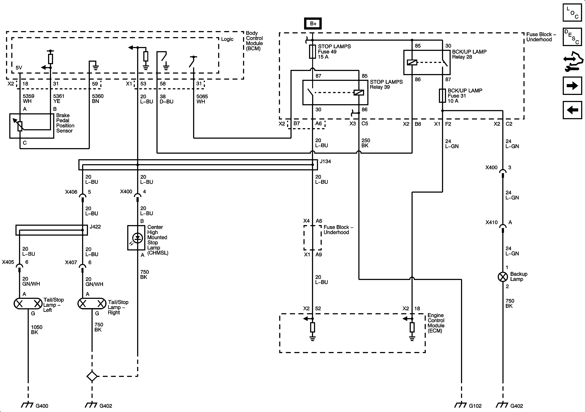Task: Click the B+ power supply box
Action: click(313, 24)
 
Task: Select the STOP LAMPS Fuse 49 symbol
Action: click(312, 52)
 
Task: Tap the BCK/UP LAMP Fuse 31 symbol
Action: click(442, 96)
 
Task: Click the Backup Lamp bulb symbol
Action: click(503, 277)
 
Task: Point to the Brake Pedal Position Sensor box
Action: click(32, 126)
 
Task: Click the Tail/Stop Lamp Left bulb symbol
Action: click(28, 303)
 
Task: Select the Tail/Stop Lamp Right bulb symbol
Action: click(92, 303)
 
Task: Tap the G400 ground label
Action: click(42, 406)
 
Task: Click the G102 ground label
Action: click(475, 406)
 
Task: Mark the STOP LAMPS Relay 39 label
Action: click(386, 84)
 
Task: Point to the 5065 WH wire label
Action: click(202, 99)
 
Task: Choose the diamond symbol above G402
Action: click(92, 376)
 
